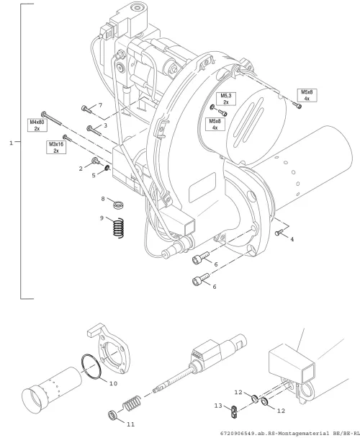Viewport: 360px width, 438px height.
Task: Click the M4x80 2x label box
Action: (x=37, y=125)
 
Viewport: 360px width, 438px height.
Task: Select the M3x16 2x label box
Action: (x=56, y=147)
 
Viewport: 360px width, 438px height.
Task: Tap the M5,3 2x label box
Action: (x=226, y=99)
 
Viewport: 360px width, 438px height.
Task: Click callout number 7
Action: (x=100, y=105)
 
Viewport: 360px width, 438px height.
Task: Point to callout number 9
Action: (x=102, y=218)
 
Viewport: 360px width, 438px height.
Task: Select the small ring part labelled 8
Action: (x=119, y=205)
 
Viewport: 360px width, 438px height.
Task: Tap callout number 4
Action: (x=292, y=239)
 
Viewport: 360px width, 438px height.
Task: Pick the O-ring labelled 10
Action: (x=91, y=367)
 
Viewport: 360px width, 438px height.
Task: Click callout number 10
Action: (x=113, y=383)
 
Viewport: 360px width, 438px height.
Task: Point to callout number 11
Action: (x=131, y=424)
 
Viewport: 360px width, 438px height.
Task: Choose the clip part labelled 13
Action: (x=234, y=412)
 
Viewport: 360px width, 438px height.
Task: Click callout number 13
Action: (x=218, y=406)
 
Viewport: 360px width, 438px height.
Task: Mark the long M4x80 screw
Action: (x=52, y=119)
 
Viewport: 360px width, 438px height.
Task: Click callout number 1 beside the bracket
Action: (x=12, y=143)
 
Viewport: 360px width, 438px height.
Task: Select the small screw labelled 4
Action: (x=279, y=232)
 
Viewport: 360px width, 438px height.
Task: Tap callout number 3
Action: (x=105, y=125)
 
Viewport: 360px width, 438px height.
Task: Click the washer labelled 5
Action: (x=107, y=168)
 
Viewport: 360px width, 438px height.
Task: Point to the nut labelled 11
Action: (x=112, y=415)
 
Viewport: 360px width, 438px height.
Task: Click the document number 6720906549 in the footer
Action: (x=237, y=434)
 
